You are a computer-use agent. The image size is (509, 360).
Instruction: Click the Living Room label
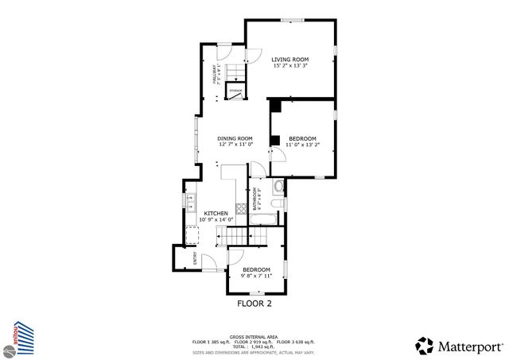click(x=289, y=60)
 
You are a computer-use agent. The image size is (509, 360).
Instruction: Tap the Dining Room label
click(x=235, y=138)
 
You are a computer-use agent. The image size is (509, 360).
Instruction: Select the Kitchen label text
click(x=216, y=213)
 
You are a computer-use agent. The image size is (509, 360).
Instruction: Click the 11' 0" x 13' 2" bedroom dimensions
click(x=302, y=145)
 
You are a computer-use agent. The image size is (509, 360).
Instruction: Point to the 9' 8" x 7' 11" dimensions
click(x=251, y=276)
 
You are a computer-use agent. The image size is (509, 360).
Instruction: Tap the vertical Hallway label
click(x=214, y=75)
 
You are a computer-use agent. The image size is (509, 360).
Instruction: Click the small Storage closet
click(x=235, y=92)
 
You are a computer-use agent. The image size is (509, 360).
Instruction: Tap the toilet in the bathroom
click(x=277, y=188)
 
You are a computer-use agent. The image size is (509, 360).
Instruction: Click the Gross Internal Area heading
click(x=254, y=336)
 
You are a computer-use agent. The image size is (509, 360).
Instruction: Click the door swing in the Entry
click(x=208, y=260)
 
